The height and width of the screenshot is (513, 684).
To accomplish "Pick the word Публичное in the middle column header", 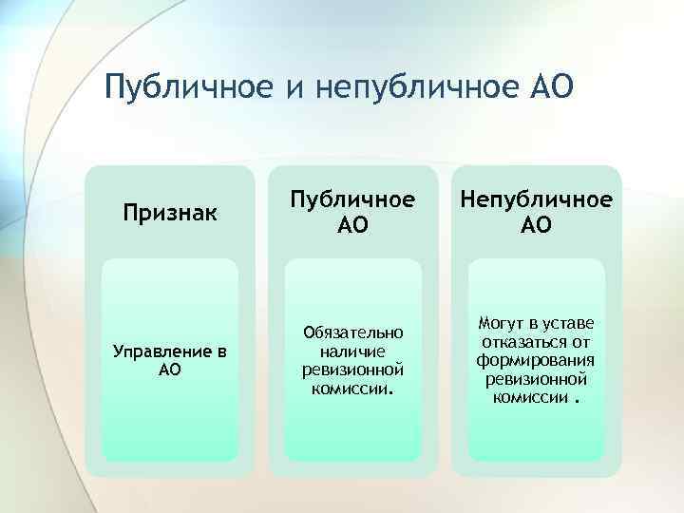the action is click(353, 201).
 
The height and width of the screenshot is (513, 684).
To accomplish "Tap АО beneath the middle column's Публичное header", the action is click(353, 225).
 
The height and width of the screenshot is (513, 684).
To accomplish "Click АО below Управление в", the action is click(170, 370).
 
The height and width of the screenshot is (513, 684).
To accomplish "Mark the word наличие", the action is click(353, 351).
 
